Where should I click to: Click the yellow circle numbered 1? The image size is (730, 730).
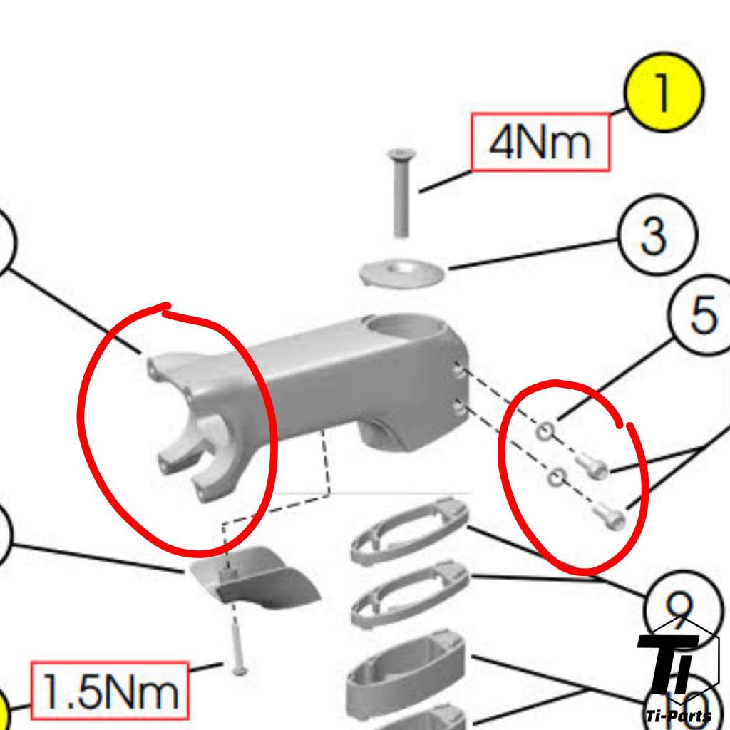pos(663,93)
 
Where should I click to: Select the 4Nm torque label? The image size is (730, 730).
pos(540,142)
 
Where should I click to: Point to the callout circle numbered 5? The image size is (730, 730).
pos(703,315)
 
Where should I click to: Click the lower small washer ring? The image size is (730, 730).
pos(556,477)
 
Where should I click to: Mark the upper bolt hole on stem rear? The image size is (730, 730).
pos(458,371)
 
